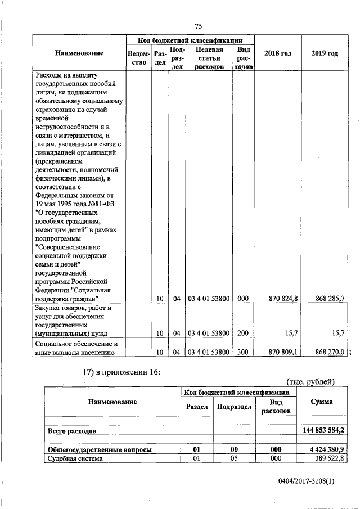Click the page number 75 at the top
point(198,26)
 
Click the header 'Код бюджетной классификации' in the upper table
point(190,40)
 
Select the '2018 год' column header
point(278,53)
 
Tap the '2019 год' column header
point(325,53)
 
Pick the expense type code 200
point(243,333)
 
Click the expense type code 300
point(243,352)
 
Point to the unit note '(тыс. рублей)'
point(311,382)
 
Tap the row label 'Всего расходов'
point(72,431)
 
